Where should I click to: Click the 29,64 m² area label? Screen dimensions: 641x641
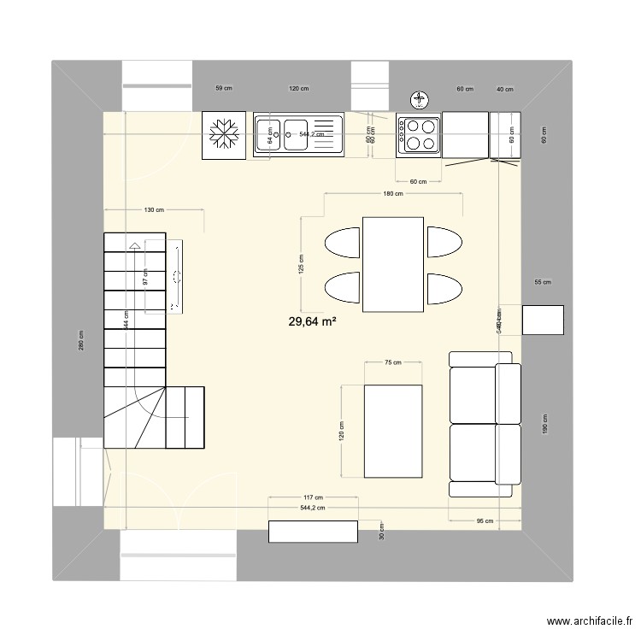[312, 321]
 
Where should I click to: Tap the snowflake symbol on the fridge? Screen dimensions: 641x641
[224, 136]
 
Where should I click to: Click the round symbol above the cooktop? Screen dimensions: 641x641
[420, 101]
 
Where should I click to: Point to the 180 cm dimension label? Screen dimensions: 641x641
[393, 194]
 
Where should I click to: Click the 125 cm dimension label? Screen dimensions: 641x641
[301, 264]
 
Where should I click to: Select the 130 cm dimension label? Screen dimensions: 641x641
[155, 210]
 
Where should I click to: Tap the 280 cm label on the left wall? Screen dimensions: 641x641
[81, 340]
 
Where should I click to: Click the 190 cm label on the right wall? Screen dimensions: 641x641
[544, 424]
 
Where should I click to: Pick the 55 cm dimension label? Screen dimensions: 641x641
[543, 282]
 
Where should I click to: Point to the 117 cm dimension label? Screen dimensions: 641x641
[313, 497]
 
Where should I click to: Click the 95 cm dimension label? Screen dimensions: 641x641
[485, 520]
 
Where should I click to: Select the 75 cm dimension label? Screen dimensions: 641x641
[392, 363]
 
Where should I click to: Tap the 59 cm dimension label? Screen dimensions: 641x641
[223, 89]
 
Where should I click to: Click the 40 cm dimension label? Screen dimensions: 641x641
[505, 89]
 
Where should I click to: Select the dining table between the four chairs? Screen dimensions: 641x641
[393, 264]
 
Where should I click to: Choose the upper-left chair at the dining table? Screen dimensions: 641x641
[343, 243]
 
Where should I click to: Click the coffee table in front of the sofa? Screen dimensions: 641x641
[393, 431]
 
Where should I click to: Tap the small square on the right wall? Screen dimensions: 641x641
[543, 320]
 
